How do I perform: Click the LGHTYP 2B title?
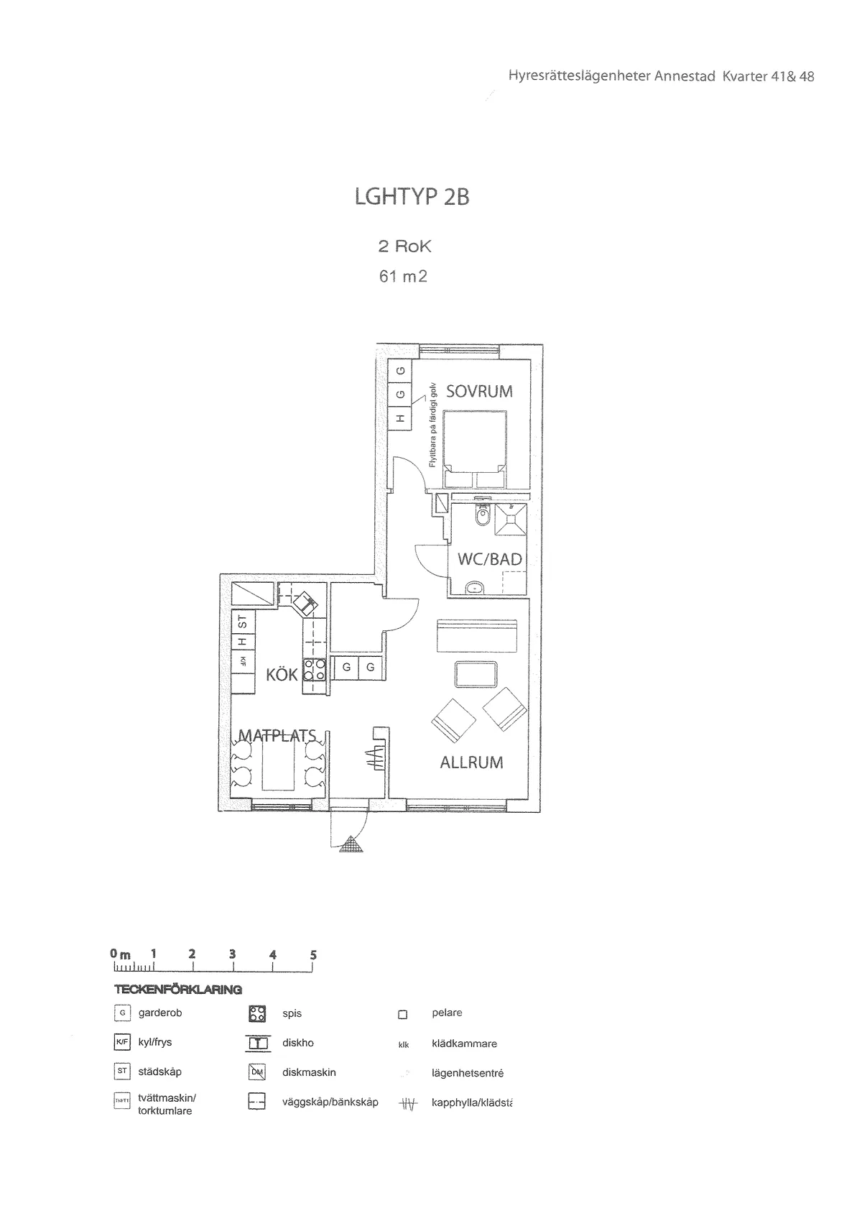[x=412, y=197]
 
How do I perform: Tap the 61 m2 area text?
[x=403, y=276]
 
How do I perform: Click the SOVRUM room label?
[x=479, y=392]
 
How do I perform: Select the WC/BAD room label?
[x=490, y=559]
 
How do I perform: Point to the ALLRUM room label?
[x=471, y=762]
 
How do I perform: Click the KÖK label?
[x=282, y=675]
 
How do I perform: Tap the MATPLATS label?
[x=277, y=735]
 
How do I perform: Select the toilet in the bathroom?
[x=482, y=515]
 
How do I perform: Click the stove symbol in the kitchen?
[x=315, y=670]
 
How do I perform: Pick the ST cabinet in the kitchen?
[x=242, y=621]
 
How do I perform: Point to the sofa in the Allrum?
[x=477, y=635]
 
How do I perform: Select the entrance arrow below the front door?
[x=351, y=845]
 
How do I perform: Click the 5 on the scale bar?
[x=313, y=955]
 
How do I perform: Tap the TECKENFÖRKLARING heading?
[x=178, y=990]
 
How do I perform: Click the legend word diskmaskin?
[x=309, y=1072]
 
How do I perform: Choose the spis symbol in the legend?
[x=257, y=1014]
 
